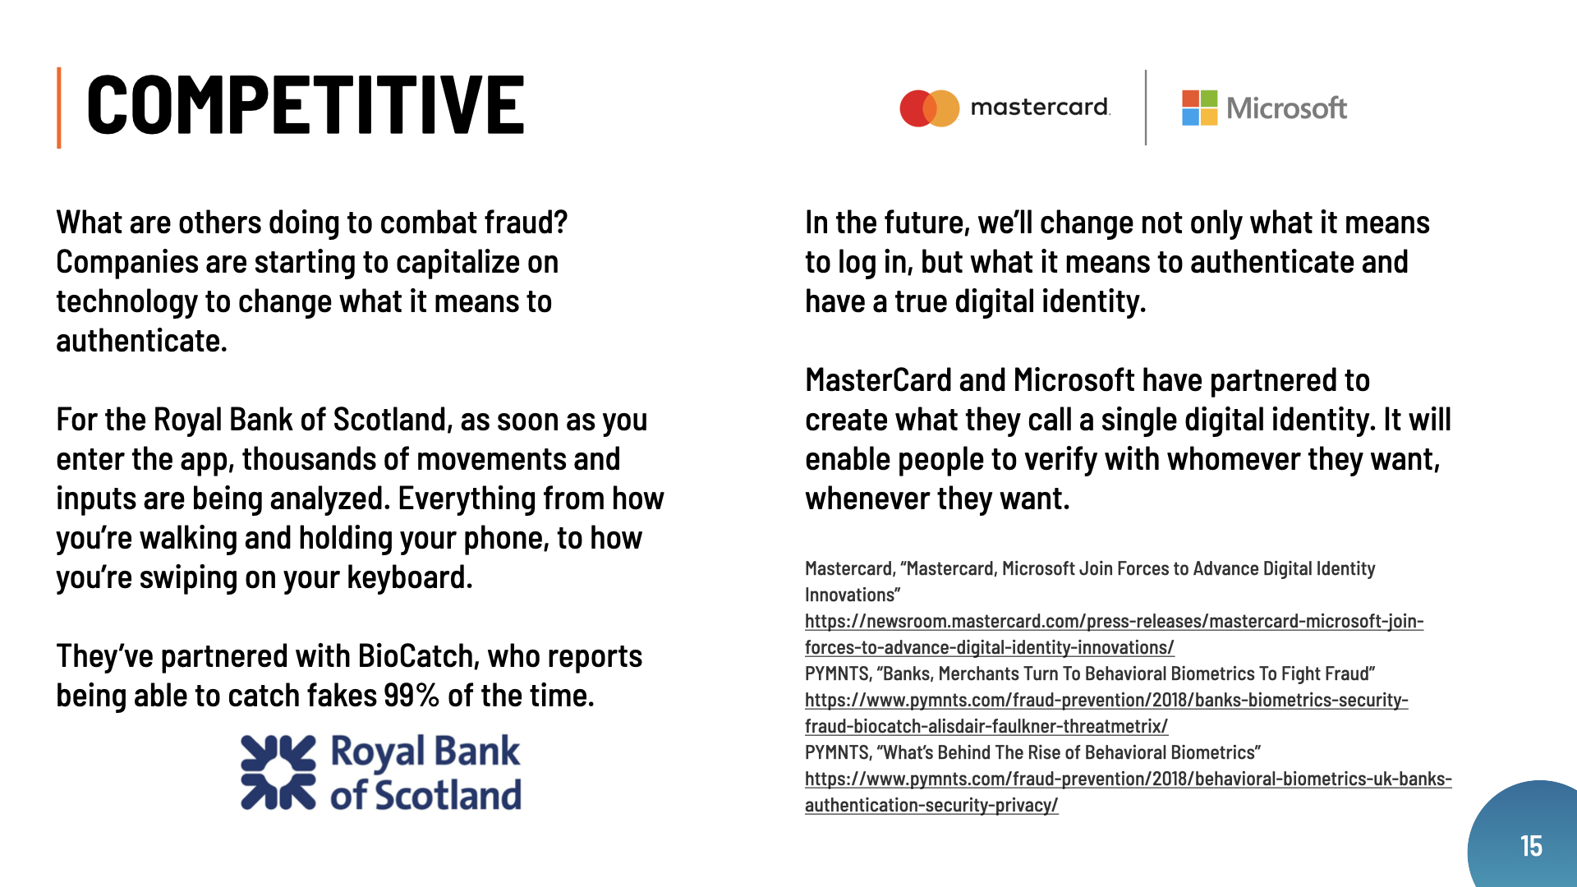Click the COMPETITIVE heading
(305, 104)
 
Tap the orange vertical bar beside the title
(59, 108)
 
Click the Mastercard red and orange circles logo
(930, 108)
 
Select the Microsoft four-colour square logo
(1199, 108)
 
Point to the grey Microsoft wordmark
(1286, 108)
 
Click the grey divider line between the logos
(1146, 108)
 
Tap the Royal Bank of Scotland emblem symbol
(278, 773)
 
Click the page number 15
(1531, 846)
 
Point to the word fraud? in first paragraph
(526, 223)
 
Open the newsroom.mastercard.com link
(1114, 634)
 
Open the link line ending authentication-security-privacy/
(931, 805)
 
